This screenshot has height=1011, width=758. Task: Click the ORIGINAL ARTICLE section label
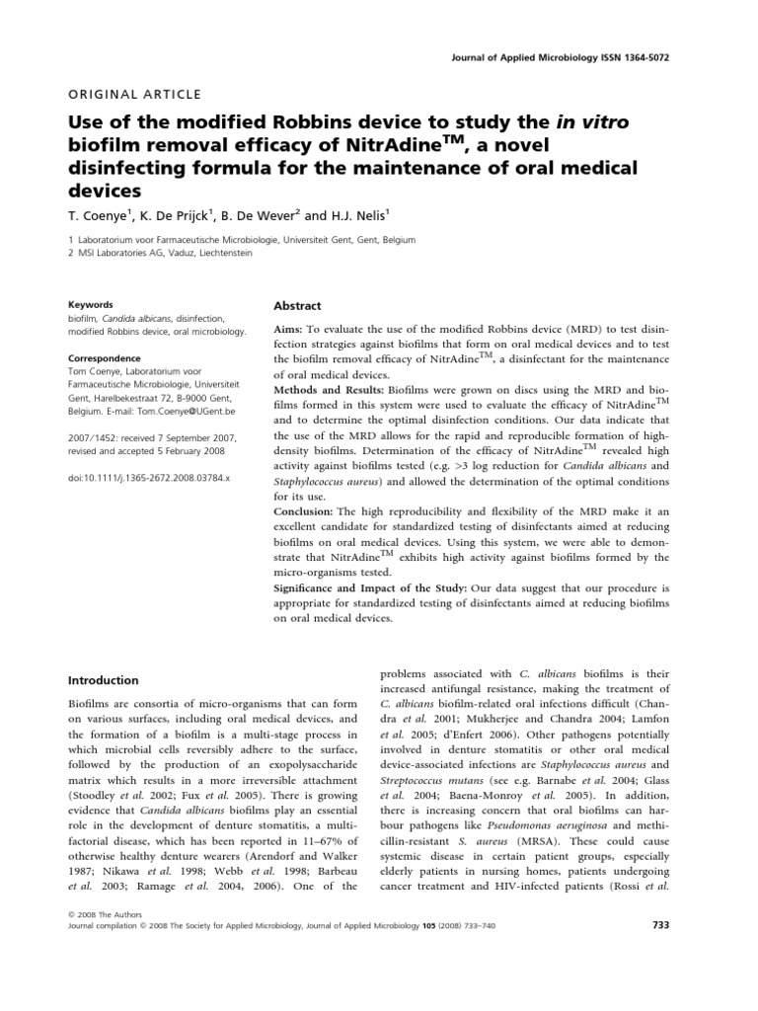pos(133,95)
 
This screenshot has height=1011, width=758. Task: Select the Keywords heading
pos(90,305)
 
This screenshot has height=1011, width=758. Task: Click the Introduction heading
pos(103,681)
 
